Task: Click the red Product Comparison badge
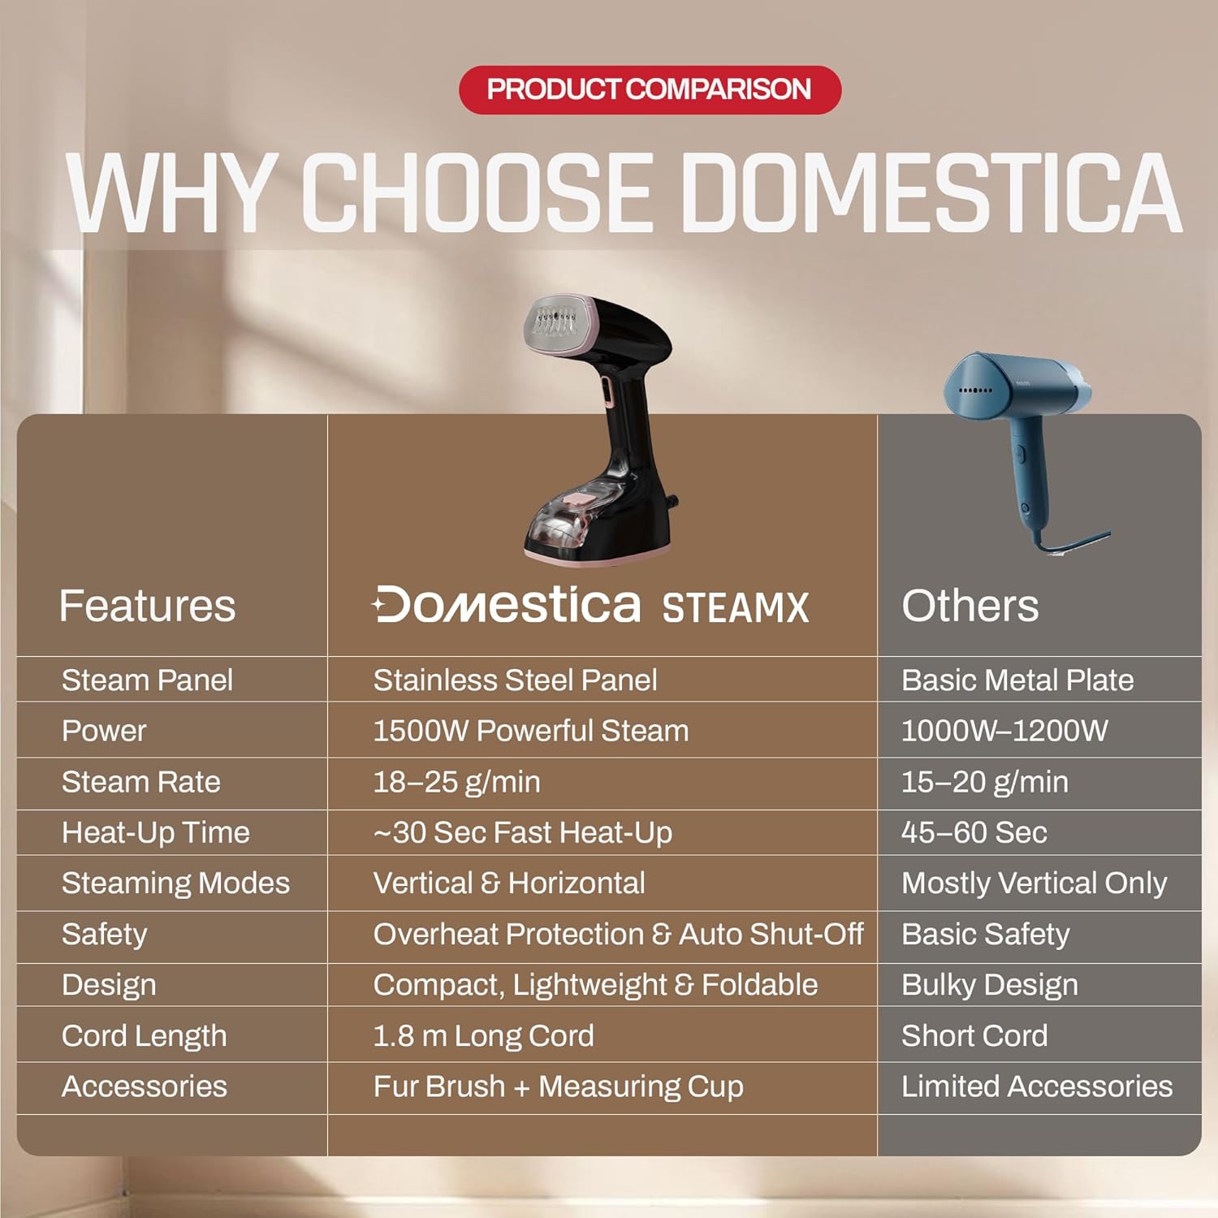click(650, 89)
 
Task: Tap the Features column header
click(147, 606)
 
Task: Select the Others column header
click(970, 606)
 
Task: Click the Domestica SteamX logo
click(590, 606)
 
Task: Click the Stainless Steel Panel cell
click(515, 680)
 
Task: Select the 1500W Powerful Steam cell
click(530, 731)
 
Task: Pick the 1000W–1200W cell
click(1004, 731)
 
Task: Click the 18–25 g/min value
click(456, 782)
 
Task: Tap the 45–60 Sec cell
click(974, 832)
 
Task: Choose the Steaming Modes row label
click(175, 883)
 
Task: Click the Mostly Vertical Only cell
click(1034, 883)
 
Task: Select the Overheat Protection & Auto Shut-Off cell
click(618, 934)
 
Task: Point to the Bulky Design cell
click(990, 985)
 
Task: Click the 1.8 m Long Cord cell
click(483, 1036)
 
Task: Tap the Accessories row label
click(145, 1086)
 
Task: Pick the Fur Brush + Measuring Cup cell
click(558, 1086)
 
